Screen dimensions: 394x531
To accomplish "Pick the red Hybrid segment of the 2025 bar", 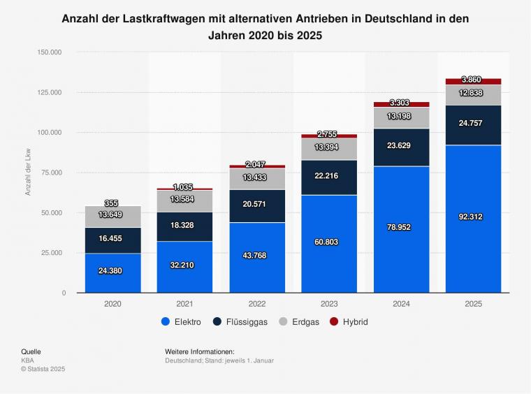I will pos(473,81).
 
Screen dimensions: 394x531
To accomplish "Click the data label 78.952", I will pos(401,227).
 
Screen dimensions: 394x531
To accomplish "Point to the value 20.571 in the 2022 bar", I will pos(256,204).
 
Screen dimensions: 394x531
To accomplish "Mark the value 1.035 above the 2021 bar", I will pos(184,187).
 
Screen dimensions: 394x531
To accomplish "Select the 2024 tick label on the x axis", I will pos(401,304).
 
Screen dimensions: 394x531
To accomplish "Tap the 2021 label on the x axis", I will pos(184,304).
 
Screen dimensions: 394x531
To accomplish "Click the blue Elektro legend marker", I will pos(166,322).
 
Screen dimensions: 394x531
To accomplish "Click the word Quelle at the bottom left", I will pos(31,351).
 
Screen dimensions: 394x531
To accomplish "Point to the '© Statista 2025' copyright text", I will pos(43,368).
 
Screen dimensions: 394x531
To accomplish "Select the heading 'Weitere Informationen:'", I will pos(199,351).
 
